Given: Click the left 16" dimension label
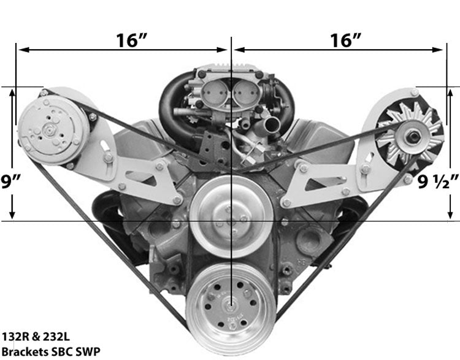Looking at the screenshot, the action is click(131, 40).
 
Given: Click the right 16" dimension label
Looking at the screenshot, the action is click(345, 40).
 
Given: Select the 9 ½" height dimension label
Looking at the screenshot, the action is click(438, 182).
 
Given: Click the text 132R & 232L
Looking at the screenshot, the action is click(36, 337).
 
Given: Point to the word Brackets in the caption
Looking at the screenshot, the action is click(25, 351).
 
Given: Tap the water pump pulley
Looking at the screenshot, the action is click(231, 216).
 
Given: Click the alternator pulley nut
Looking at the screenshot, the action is click(413, 137).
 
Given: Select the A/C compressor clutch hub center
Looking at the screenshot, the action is click(48, 129).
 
